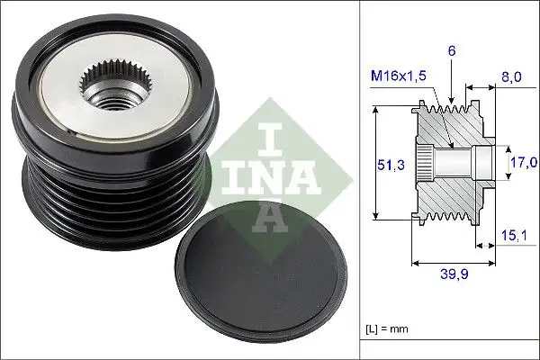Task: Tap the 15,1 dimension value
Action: [x=511, y=237]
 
